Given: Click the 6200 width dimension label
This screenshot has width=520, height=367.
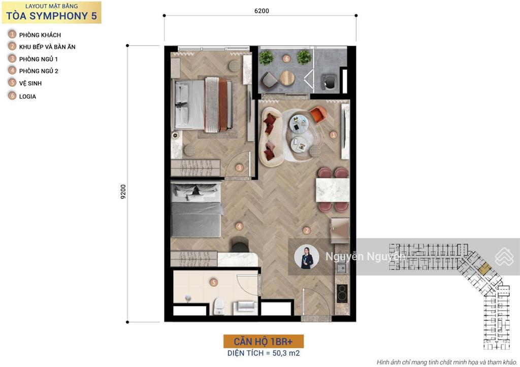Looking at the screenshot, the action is (x=262, y=11).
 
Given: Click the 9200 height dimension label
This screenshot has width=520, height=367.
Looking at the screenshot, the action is (x=123, y=192).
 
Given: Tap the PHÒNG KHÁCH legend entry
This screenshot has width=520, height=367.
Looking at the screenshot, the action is (x=40, y=35).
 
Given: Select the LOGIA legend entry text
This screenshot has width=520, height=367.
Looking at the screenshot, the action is (x=27, y=96).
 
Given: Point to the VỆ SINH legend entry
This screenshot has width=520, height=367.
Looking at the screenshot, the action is (x=30, y=83).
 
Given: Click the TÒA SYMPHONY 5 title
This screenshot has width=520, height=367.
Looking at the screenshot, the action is (x=51, y=16).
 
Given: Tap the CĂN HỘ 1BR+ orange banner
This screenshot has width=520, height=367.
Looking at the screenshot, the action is (x=264, y=342).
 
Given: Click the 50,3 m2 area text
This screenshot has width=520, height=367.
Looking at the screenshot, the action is (x=286, y=353).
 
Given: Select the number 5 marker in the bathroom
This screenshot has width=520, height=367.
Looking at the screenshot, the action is (x=214, y=282).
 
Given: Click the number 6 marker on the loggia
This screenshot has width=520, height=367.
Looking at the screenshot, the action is (x=286, y=59).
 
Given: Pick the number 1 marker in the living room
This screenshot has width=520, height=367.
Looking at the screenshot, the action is (x=333, y=135).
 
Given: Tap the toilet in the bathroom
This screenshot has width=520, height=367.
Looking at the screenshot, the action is (x=218, y=306).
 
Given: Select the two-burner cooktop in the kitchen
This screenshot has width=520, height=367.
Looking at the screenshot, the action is (x=342, y=293).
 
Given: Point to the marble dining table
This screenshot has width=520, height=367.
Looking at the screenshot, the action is (x=332, y=190).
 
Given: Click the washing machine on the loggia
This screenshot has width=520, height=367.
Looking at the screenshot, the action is (x=329, y=83).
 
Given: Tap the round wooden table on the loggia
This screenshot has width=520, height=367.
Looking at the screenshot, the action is (x=287, y=78).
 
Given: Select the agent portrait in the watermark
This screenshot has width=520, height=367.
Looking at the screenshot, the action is (x=307, y=257).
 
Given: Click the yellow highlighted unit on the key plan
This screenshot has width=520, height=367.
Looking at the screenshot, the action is (x=485, y=268).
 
